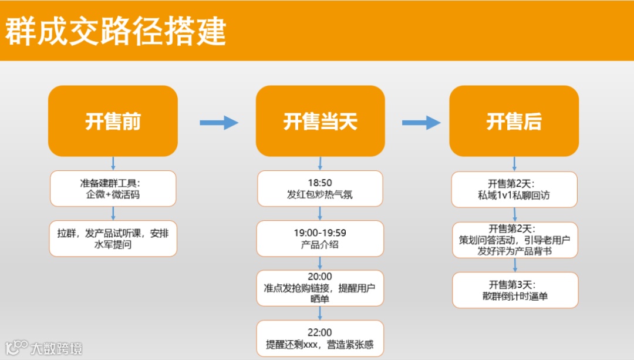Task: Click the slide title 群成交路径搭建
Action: coord(116,31)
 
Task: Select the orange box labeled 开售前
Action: coord(113,121)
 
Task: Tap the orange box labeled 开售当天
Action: coord(320,121)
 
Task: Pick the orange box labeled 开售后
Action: coord(514,121)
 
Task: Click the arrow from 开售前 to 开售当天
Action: coord(218,123)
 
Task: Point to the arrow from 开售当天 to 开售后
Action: coord(421,123)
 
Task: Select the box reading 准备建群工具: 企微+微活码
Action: coord(113,189)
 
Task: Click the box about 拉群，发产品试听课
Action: coord(113,238)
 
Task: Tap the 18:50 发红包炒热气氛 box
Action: coord(320,189)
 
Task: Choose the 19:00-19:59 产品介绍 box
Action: coord(320,238)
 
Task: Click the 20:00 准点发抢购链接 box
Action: coord(320,288)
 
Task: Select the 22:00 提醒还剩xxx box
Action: coord(320,338)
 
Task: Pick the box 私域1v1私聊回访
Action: coord(514,189)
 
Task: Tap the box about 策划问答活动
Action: coord(514,240)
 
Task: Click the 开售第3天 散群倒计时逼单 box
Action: coord(514,290)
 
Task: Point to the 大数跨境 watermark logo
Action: coord(43,348)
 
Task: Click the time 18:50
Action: coord(320,183)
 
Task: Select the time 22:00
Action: coord(320,332)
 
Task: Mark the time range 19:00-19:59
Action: coord(320,233)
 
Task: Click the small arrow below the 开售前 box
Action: coord(113,163)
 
